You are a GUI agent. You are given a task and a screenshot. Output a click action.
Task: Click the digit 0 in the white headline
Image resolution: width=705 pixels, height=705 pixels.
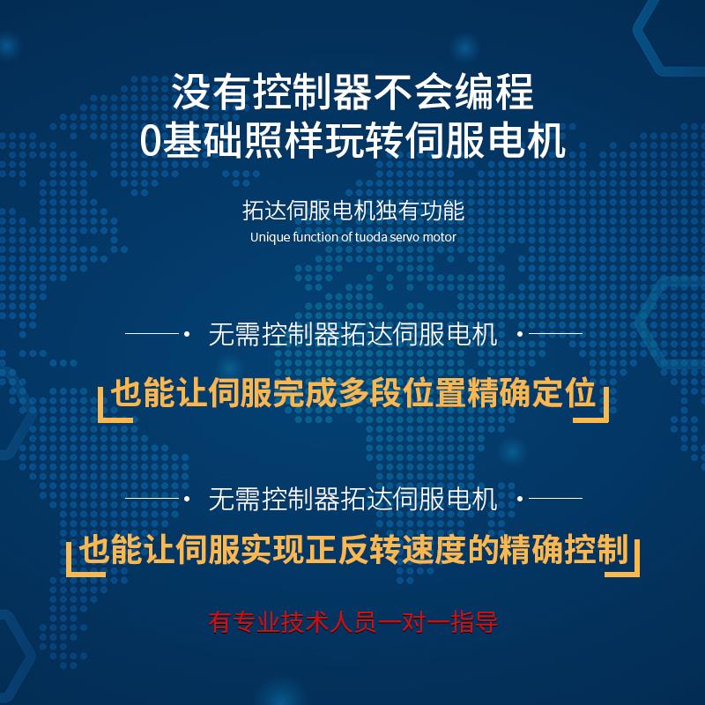(150, 141)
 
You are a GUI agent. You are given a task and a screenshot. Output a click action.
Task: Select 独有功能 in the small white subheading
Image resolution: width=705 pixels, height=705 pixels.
(420, 211)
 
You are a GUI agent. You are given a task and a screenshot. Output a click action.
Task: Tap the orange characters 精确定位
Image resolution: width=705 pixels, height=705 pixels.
(531, 393)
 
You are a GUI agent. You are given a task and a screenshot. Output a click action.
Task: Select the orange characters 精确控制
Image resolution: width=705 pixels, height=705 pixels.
(563, 549)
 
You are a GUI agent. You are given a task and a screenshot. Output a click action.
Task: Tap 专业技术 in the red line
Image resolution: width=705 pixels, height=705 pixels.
(281, 622)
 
